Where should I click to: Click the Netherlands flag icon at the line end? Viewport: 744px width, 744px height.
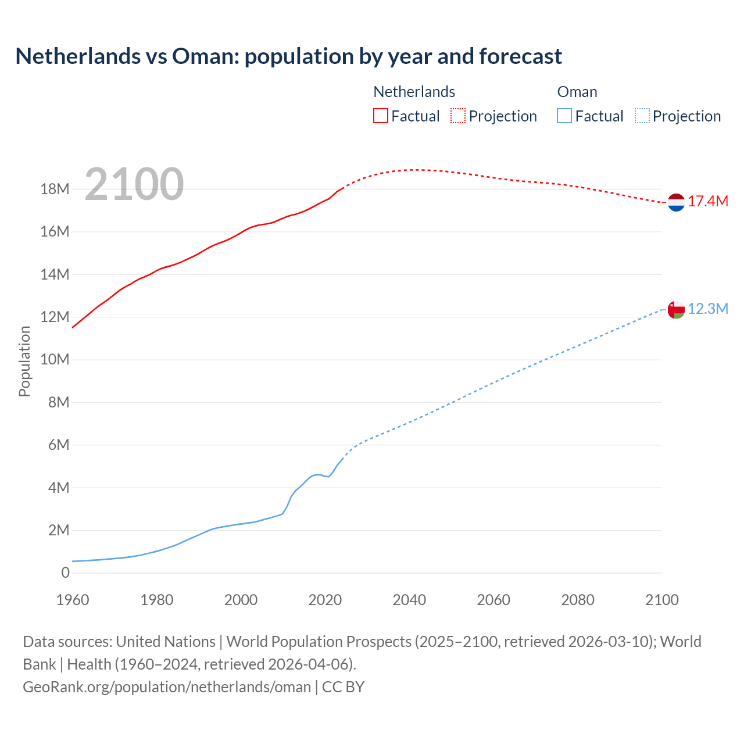point(676,202)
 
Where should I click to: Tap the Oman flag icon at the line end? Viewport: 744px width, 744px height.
point(676,309)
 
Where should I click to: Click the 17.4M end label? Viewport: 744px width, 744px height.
point(708,202)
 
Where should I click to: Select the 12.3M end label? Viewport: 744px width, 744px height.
point(708,309)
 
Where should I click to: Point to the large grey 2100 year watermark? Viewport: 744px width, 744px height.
point(134,185)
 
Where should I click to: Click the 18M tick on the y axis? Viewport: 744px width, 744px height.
point(55,189)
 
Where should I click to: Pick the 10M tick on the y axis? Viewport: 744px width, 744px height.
point(55,360)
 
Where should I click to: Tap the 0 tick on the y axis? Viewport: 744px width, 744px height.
point(65,573)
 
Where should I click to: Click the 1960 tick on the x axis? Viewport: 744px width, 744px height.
point(73,600)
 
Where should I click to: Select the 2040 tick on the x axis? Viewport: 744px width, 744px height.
point(409,600)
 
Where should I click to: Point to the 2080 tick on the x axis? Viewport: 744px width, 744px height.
point(578,600)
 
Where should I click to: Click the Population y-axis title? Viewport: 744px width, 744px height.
point(24,361)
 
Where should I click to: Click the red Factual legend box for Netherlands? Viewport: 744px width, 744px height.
point(380,116)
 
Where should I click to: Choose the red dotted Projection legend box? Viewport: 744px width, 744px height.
point(458,116)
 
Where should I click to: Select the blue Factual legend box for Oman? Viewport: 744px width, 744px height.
point(564,116)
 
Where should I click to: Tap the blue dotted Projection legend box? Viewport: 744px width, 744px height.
point(642,116)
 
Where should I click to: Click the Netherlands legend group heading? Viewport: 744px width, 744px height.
point(414,92)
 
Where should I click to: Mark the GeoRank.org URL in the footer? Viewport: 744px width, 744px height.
point(167,687)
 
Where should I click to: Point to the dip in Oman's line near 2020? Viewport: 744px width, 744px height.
point(328,477)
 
